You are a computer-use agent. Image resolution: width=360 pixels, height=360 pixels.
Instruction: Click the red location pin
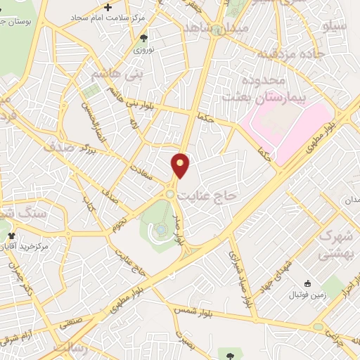181,166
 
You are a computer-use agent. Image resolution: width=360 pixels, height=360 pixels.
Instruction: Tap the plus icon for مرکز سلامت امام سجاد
107,6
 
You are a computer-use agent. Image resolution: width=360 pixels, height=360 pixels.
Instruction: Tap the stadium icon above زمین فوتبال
307,283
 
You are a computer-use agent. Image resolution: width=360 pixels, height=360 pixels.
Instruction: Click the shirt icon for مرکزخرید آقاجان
10,236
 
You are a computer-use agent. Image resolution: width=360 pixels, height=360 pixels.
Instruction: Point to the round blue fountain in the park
161,229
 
